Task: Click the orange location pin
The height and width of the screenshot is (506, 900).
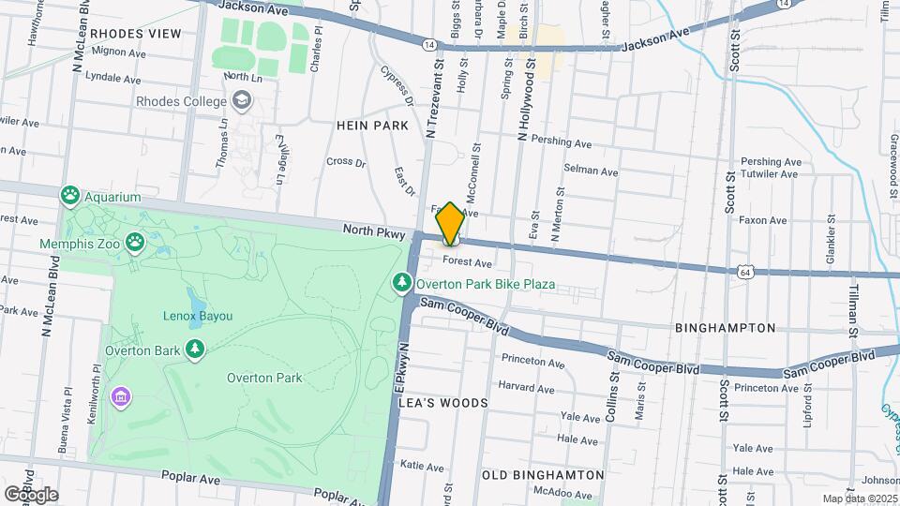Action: [450, 223]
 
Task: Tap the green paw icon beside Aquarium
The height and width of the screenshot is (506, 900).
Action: [70, 197]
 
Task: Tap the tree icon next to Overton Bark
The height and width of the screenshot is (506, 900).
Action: [195, 350]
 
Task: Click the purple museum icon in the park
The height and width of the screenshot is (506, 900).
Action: [120, 396]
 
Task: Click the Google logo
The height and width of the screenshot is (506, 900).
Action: [31, 494]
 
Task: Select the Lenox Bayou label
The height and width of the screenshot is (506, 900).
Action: [197, 316]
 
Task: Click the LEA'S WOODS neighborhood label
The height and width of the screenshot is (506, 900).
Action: [443, 403]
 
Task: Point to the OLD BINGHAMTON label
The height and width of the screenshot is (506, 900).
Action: [543, 475]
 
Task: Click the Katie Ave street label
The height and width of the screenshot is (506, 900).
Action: [421, 465]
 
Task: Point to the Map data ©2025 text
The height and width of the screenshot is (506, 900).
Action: [860, 499]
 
